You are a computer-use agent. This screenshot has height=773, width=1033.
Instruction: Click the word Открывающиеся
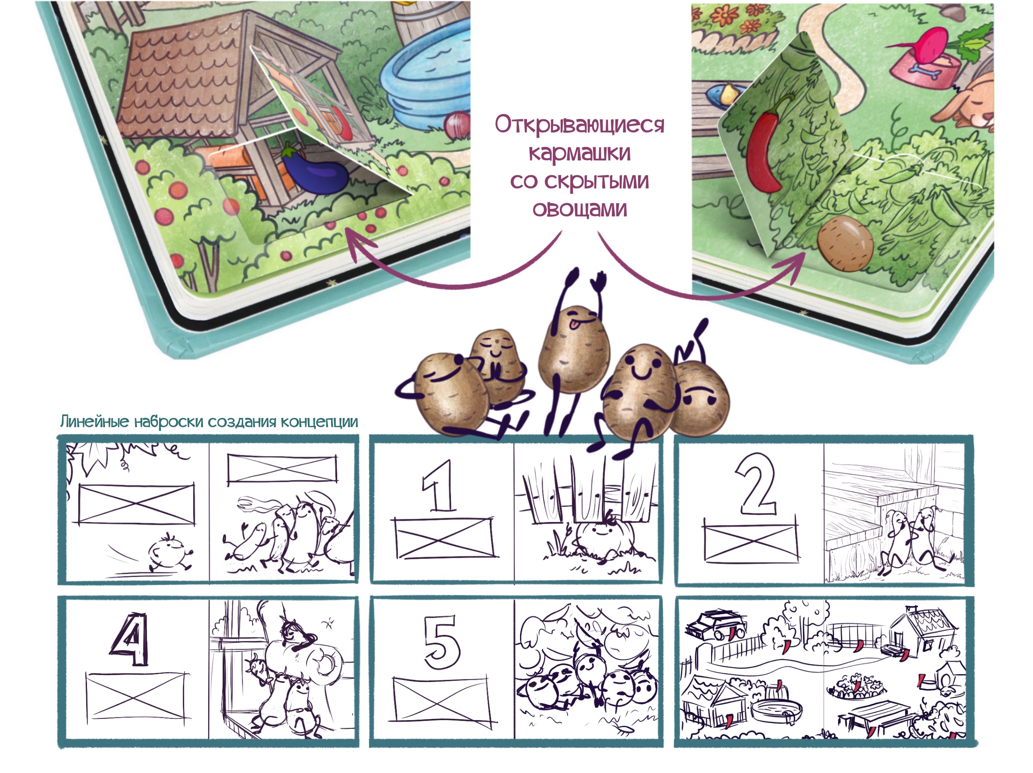pos(579,125)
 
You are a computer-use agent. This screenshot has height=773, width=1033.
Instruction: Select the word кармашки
pos(579,153)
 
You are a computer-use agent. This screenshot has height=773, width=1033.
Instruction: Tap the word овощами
pos(579,209)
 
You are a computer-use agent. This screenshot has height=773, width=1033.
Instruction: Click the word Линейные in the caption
pos(95,421)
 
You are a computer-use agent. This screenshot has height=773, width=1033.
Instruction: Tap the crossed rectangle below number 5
pos(442,700)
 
